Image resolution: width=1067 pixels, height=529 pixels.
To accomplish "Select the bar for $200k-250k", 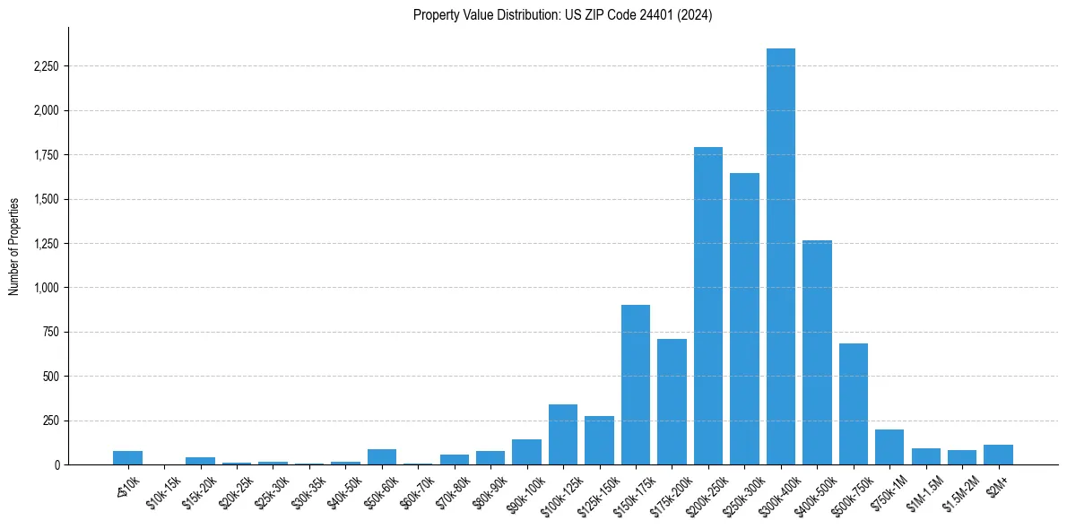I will click(x=708, y=306).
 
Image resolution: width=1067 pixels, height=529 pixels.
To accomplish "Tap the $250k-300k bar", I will click(x=744, y=318).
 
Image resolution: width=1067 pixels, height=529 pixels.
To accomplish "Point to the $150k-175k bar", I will click(x=636, y=385).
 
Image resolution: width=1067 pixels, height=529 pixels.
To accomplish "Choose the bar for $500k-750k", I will click(x=854, y=403).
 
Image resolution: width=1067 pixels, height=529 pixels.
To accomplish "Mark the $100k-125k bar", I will click(x=563, y=435).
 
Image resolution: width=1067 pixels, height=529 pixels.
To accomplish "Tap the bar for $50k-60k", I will click(x=382, y=456).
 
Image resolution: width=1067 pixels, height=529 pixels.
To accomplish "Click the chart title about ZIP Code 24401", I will click(x=562, y=15).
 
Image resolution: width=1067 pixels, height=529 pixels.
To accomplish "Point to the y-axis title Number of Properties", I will click(x=14, y=246).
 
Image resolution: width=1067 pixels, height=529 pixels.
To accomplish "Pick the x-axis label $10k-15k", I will click(x=163, y=491).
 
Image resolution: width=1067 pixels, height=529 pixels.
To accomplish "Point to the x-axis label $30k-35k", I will click(x=308, y=491).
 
